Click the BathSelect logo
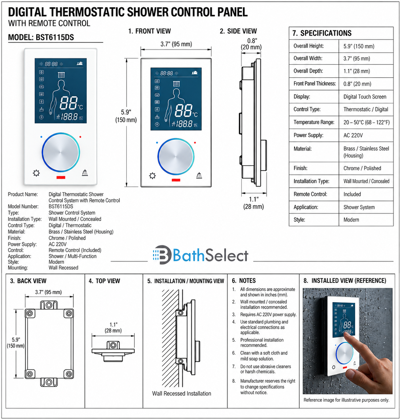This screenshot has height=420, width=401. [x=200, y=255]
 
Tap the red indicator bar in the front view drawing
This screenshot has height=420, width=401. [x=176, y=180]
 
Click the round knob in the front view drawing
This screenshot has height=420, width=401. [x=176, y=156]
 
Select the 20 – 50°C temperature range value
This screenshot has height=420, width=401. [x=367, y=122]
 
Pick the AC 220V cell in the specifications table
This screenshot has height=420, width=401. [x=353, y=135]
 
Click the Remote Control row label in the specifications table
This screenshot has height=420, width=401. [x=310, y=194]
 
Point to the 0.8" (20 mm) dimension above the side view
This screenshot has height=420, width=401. [x=251, y=44]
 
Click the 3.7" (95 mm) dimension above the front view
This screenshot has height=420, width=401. [x=176, y=44]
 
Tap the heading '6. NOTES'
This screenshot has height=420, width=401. [x=244, y=281]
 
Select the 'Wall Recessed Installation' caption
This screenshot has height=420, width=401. [x=182, y=393]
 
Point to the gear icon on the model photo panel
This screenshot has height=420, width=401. [x=36, y=173]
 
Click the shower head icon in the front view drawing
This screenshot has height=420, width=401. [x=199, y=175]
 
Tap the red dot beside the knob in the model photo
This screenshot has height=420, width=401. [x=80, y=137]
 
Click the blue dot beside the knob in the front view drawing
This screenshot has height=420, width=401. [x=157, y=142]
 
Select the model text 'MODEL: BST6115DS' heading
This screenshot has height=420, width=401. [x=41, y=37]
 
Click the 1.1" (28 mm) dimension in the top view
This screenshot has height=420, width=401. [x=113, y=327]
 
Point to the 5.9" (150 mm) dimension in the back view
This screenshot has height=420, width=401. [x=15, y=342]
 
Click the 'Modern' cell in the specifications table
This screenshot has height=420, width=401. [x=351, y=220]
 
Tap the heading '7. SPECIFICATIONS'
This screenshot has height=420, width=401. [x=322, y=33]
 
